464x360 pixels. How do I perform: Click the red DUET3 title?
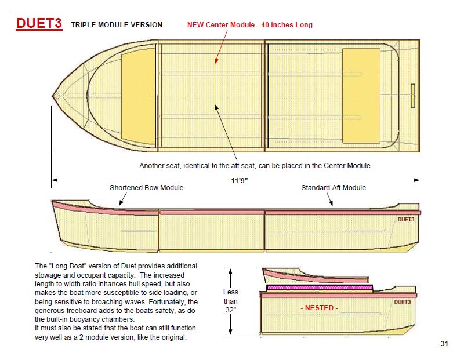click(x=39, y=23)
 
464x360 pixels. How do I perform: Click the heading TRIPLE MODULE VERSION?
click(x=117, y=25)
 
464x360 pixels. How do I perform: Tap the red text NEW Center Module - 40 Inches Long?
click(x=250, y=25)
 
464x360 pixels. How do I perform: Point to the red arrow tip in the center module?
click(x=216, y=62)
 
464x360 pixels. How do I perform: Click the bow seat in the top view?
click(x=139, y=96)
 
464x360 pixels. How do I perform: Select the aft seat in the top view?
click(x=361, y=96)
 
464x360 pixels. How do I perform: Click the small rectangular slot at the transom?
click(x=413, y=96)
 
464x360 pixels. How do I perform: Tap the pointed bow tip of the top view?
click(x=53, y=96)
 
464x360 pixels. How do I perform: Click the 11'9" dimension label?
click(x=239, y=180)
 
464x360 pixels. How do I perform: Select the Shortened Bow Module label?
click(x=147, y=188)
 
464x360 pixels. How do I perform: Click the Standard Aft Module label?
click(x=333, y=188)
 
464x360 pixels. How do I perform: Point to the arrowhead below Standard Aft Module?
click(x=331, y=203)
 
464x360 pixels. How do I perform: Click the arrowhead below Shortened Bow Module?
click(x=121, y=203)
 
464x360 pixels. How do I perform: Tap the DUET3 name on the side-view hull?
click(x=405, y=220)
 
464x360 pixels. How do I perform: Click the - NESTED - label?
click(x=320, y=308)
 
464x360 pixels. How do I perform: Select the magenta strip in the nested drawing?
click(x=320, y=288)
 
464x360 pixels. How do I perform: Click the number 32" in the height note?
click(x=230, y=310)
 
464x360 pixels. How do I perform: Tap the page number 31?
click(x=444, y=344)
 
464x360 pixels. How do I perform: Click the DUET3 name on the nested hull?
click(x=403, y=302)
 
